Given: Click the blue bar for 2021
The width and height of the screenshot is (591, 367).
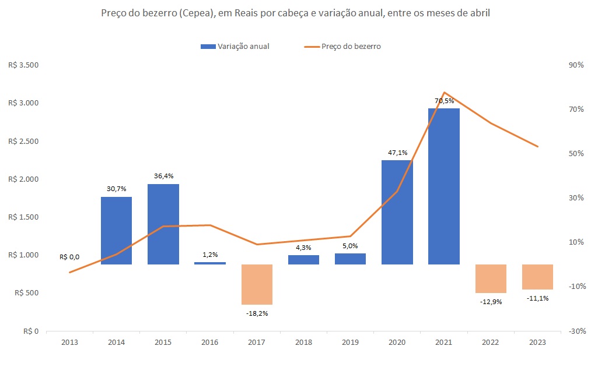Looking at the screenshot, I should [x=443, y=186].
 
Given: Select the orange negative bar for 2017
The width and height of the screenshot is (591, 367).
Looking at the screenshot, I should [x=257, y=284].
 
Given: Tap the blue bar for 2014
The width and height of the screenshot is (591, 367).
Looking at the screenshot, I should [x=116, y=231].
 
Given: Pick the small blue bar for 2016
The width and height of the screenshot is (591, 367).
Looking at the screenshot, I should [x=209, y=263].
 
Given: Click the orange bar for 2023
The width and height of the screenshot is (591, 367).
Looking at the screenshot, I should [x=537, y=277].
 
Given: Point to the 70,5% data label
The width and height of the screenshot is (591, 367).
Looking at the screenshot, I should [x=444, y=101].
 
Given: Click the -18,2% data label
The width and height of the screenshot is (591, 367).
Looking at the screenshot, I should [x=257, y=313].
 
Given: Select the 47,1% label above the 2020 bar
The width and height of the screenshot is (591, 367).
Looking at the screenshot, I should [x=397, y=153].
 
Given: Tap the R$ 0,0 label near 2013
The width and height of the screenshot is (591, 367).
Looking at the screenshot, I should [x=69, y=257].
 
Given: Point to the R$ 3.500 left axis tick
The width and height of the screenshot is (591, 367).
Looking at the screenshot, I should [x=23, y=65].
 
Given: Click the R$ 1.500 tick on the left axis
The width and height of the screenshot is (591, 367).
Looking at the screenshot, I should [x=23, y=217].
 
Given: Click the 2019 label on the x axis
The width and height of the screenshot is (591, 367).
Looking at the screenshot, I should [x=350, y=343].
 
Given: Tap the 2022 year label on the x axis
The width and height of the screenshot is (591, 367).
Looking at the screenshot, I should [x=491, y=343].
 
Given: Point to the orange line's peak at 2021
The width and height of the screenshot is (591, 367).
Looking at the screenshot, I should [x=444, y=93].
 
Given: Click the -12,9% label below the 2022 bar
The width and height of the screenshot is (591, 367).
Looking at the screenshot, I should [x=491, y=302].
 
